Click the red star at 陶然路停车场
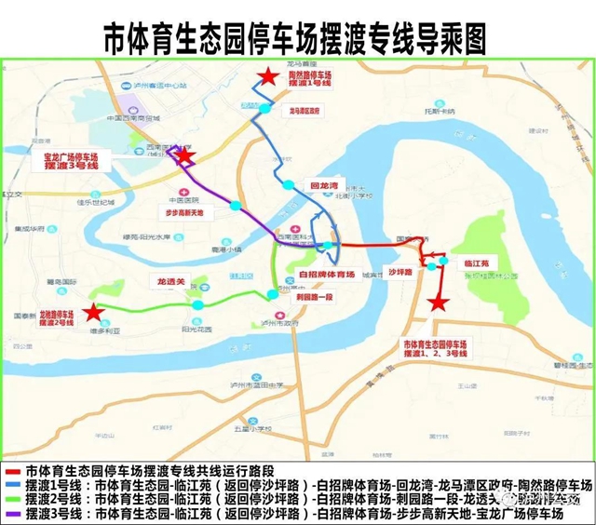(268, 78)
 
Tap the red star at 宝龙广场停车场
(185, 157)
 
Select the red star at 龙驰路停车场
(92, 313)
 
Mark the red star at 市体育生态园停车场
(438, 303)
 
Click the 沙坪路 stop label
(400, 273)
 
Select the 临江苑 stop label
(478, 263)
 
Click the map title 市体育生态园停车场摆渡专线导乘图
(298, 36)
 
